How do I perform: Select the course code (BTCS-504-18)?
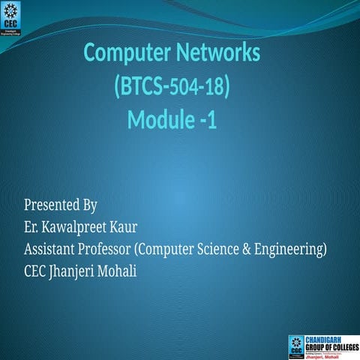(172, 87)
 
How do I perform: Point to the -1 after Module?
(208, 119)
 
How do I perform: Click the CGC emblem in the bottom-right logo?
(296, 345)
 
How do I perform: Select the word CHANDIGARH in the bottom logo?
(328, 338)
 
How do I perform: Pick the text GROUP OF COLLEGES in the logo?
(330, 346)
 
